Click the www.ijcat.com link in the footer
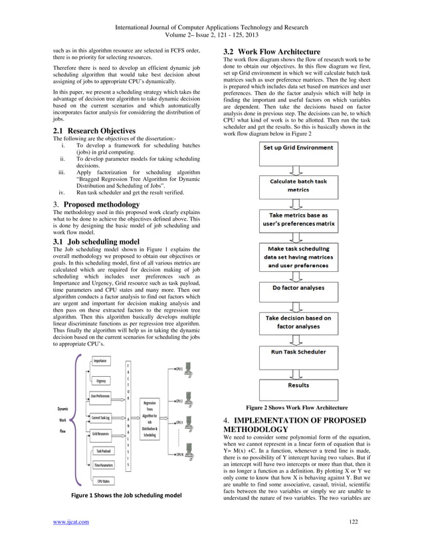71,521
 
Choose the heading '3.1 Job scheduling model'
96,241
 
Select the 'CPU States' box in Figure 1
102,481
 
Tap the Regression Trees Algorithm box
150,418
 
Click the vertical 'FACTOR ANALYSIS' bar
128,419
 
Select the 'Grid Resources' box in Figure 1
100,433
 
